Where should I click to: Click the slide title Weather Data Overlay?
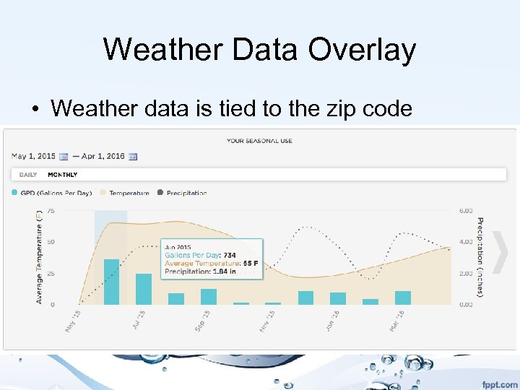point(259,50)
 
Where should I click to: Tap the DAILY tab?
point(28,175)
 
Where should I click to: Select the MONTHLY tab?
point(62,175)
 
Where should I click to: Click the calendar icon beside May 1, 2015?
point(63,156)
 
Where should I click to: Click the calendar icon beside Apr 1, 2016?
point(132,156)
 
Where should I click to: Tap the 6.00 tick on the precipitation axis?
point(466,210)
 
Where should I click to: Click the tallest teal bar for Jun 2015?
point(111,282)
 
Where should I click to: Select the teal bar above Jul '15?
point(144,289)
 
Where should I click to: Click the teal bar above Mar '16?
point(402,298)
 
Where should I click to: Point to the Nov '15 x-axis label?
point(265,321)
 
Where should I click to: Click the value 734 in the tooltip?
point(229,256)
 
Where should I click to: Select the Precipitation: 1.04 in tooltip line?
point(200,272)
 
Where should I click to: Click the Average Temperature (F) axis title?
point(39,256)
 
